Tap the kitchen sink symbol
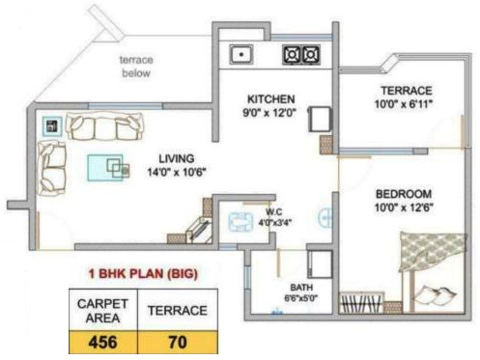click(x=239, y=55)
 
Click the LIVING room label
click(x=178, y=159)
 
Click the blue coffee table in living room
click(x=105, y=166)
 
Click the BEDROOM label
click(x=403, y=193)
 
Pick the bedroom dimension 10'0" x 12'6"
click(x=403, y=207)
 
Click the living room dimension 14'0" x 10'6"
click(x=178, y=173)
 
